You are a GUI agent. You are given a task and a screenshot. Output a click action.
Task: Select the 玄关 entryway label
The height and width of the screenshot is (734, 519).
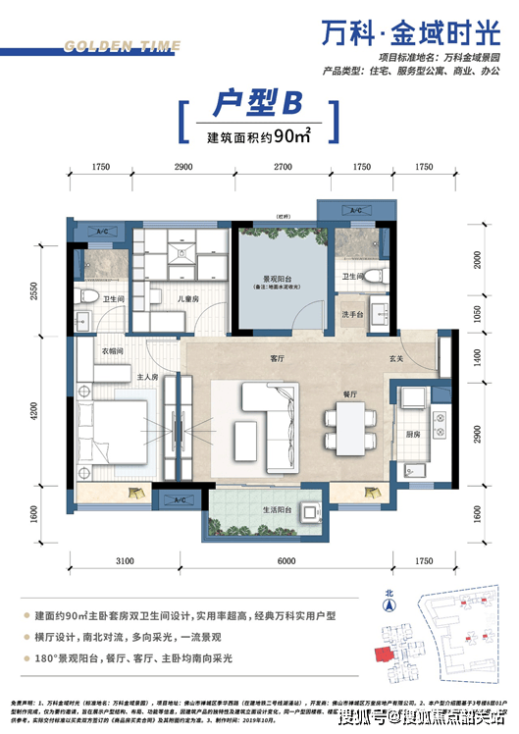click(x=395, y=358)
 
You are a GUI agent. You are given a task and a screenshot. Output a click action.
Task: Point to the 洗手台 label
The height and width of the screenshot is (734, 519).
click(x=354, y=314)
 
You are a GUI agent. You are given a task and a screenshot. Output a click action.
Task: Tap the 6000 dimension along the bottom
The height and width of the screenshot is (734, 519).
click(x=285, y=559)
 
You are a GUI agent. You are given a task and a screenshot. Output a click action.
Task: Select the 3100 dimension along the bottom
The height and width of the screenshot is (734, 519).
click(x=124, y=559)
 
